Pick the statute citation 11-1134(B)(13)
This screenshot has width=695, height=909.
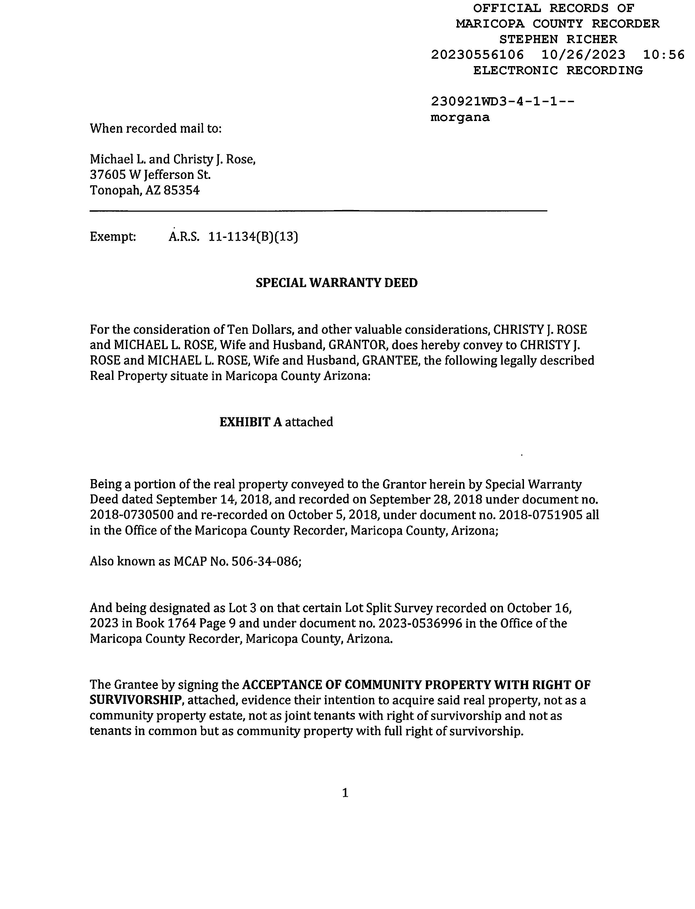coord(253,237)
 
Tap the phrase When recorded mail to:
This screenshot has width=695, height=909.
coord(155,129)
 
